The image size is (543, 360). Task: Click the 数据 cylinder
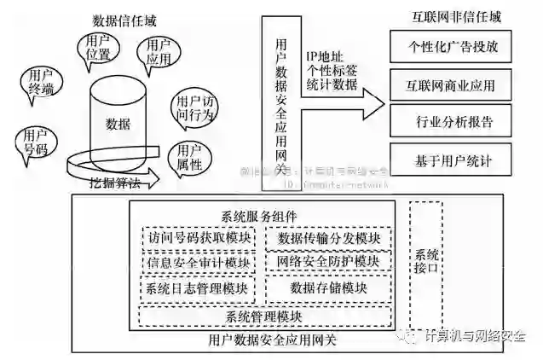coord(118,125)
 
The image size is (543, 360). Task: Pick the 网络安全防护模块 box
coord(328,261)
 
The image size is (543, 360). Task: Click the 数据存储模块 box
coord(328,288)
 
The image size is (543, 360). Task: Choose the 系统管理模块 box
coord(263,316)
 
